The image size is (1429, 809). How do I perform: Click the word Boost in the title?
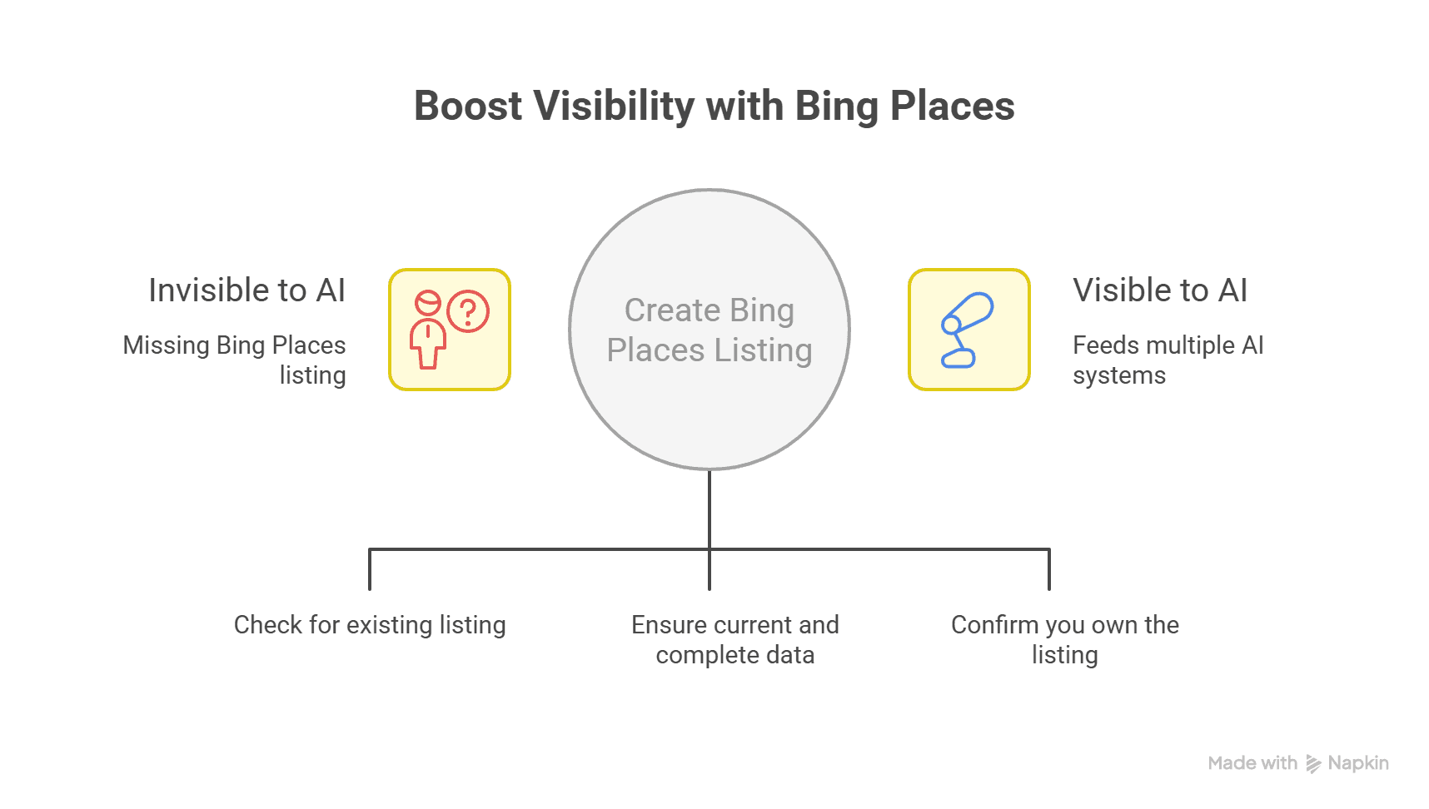[x=468, y=107]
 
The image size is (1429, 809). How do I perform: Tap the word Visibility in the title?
[x=614, y=107]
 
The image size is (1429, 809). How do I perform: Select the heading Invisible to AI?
[x=246, y=290]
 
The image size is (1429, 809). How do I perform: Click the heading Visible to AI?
[x=1160, y=290]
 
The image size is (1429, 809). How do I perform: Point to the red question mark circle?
[x=468, y=312]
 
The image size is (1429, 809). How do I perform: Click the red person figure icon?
[x=428, y=331]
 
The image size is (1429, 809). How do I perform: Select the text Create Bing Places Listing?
[x=710, y=330]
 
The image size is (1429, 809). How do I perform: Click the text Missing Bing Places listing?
[x=235, y=360]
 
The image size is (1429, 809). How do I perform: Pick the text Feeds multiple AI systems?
[x=1168, y=360]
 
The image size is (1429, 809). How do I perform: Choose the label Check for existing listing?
[x=370, y=625]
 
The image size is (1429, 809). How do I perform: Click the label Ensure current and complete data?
[x=735, y=639]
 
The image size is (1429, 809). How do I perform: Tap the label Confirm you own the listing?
[x=1065, y=639]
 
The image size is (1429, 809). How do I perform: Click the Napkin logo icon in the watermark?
[x=1313, y=764]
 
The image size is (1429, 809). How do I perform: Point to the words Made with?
[x=1252, y=763]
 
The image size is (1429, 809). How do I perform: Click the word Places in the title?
[x=952, y=107]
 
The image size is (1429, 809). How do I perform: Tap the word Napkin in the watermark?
[x=1358, y=763]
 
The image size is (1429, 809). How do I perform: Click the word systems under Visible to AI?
[x=1119, y=375]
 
